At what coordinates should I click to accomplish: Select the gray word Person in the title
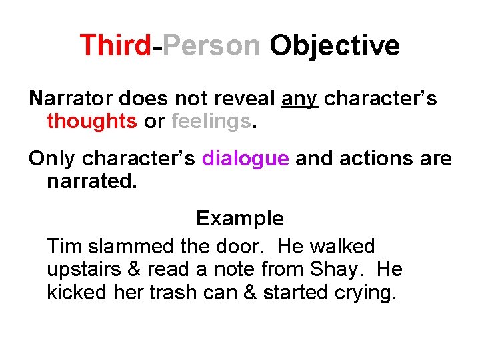pos(211,45)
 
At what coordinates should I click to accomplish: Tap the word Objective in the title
pos(334,45)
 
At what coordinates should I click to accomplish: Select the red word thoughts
pos(92,121)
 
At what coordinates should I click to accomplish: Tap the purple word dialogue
pos(245,159)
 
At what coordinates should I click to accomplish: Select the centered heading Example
pos(239,219)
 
